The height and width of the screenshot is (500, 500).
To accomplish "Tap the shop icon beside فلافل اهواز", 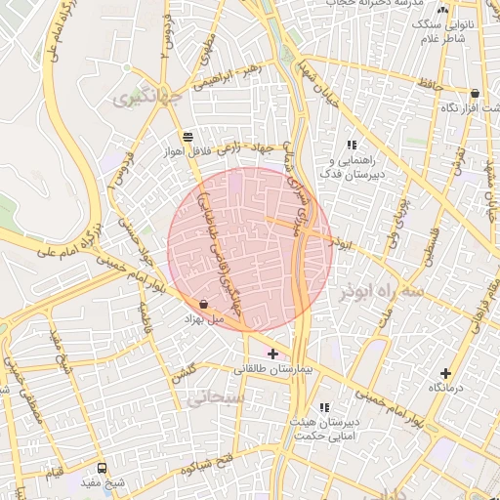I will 187,137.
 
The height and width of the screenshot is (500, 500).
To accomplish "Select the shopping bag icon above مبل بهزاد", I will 203,304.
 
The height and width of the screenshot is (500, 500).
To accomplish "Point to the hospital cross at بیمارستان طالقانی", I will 271,353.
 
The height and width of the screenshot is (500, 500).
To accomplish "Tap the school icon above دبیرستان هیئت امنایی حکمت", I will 324,407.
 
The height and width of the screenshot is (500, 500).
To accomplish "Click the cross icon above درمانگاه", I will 446,372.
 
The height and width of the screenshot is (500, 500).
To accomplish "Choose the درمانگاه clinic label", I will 446,388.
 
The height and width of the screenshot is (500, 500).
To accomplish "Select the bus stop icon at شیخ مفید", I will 104,467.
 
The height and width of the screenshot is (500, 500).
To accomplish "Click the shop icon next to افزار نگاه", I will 475,94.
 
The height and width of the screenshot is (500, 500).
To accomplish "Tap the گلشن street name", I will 184,373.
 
